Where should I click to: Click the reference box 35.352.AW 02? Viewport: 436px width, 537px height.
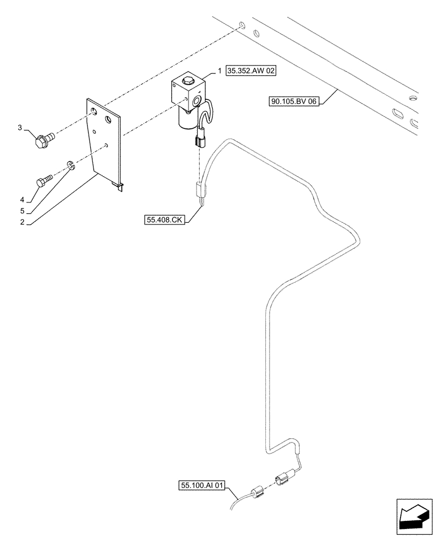tap(252, 70)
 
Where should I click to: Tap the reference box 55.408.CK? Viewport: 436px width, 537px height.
tap(164, 219)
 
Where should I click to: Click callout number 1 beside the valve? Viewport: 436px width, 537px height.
tap(220, 70)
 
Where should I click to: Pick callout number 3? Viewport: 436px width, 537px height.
tap(20, 127)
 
